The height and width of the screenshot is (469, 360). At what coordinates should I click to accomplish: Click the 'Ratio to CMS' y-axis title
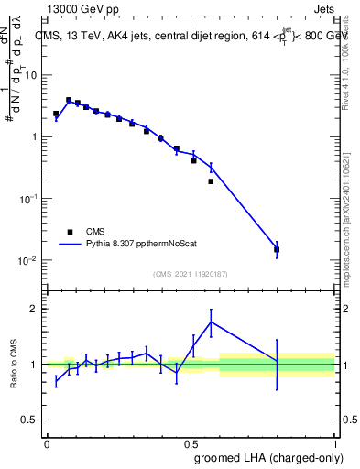[x=15, y=365]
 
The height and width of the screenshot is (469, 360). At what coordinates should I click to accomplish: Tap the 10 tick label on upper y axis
[x=32, y=75]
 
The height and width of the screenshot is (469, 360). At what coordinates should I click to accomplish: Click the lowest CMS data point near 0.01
[x=277, y=249]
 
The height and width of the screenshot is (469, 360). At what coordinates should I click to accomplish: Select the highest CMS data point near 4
[x=69, y=100]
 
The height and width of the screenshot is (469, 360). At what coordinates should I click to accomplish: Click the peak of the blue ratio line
[x=212, y=322]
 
